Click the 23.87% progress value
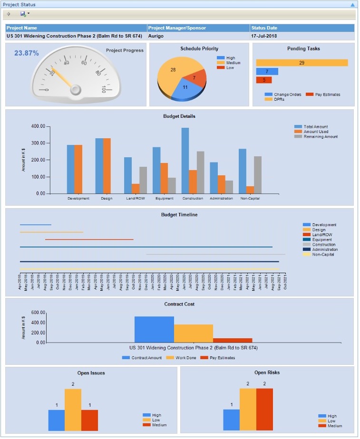point(27,53)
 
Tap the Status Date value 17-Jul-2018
point(264,36)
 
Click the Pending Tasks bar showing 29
point(302,63)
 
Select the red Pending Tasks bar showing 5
point(264,80)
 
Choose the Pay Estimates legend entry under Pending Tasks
point(327,95)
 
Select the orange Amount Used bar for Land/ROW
point(136,189)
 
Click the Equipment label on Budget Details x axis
point(164,198)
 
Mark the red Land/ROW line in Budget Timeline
point(89,239)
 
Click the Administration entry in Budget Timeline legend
point(325,249)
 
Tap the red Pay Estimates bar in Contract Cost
point(233,340)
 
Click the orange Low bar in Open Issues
point(73,410)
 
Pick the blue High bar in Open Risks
point(231,420)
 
